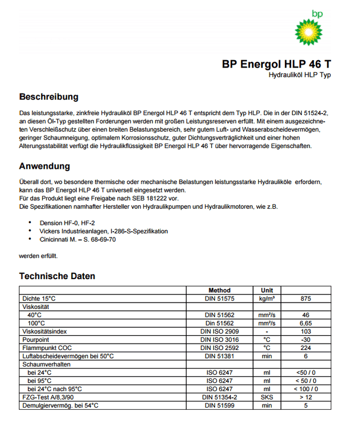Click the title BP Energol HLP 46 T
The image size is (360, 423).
click(x=276, y=64)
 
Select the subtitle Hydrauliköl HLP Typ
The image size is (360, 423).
click(x=299, y=75)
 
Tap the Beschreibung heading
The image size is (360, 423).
click(x=49, y=97)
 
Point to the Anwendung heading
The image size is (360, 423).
click(x=44, y=166)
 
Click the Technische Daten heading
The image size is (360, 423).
click(x=57, y=276)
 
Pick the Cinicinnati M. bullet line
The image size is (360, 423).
click(x=77, y=240)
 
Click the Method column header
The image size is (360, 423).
click(x=219, y=290)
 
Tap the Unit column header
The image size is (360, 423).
click(x=267, y=290)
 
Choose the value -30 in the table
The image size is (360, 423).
click(x=306, y=339)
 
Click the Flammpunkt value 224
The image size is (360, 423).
click(x=306, y=347)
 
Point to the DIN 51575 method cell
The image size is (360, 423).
click(x=219, y=299)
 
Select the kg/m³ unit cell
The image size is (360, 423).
click(x=267, y=299)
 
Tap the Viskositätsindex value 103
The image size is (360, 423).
click(x=306, y=331)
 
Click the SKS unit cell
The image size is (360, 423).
click(x=267, y=397)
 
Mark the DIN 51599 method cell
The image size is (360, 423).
click(x=219, y=405)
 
